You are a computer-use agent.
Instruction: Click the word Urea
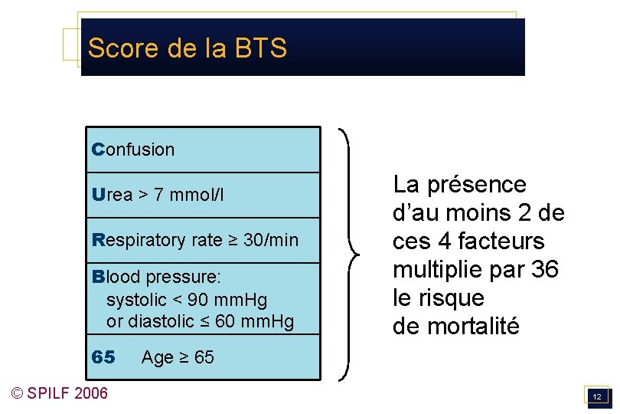tap(112, 195)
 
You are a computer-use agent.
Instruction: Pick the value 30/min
tap(271, 240)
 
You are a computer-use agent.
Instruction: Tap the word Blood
tap(115, 276)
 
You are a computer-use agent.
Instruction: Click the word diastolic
tap(156, 321)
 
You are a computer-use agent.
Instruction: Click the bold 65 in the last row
tap(103, 357)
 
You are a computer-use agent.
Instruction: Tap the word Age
tap(158, 357)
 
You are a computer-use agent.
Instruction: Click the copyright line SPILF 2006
tap(60, 393)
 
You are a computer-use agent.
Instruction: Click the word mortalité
tap(474, 327)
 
